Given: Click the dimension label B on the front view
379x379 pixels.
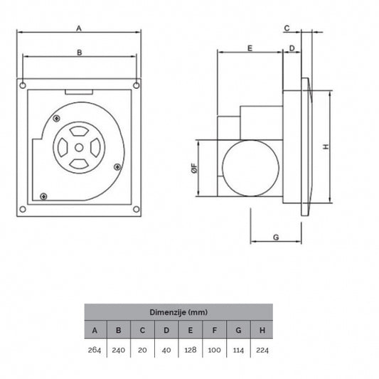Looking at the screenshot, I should [79, 53].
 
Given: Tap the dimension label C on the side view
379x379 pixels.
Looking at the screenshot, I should [287, 28].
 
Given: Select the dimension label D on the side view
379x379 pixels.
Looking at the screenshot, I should [292, 48].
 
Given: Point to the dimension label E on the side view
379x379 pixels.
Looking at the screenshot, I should [250, 48].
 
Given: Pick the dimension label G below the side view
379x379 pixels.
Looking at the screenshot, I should [275, 237].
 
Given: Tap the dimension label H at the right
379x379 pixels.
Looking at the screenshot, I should [326, 146].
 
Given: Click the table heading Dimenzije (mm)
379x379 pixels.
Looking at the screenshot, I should [178, 312].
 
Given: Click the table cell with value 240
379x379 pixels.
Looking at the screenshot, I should [119, 349].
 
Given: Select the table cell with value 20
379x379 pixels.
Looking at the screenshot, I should [142, 349].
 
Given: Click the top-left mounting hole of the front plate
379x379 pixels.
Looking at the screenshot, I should [24, 85].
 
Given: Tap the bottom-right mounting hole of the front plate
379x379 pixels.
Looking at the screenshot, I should [135, 209].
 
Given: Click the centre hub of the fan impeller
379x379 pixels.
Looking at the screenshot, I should [79, 147].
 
